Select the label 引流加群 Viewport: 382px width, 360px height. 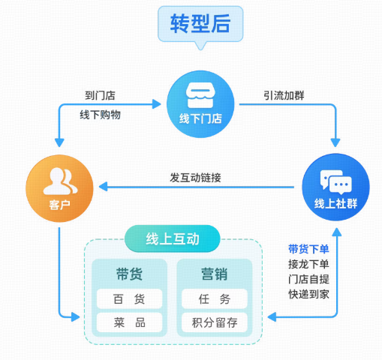click(283, 96)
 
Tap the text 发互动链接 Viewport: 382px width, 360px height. click(196, 178)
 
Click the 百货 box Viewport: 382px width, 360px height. click(129, 299)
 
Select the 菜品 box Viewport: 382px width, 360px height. click(129, 323)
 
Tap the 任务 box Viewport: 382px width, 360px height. click(214, 299)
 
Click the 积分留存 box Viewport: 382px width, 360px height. click(214, 323)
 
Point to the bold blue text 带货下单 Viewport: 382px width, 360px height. click(308, 248)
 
